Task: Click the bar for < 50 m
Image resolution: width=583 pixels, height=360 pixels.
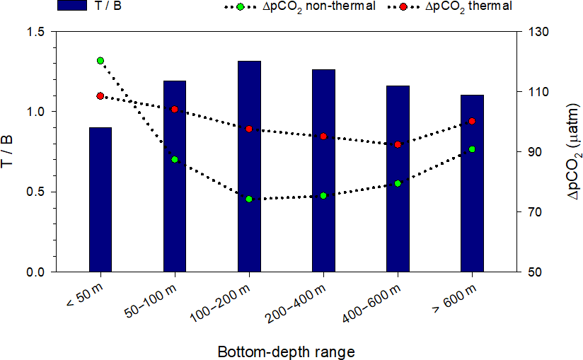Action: [100, 199]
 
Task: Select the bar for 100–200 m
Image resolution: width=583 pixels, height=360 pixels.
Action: [249, 166]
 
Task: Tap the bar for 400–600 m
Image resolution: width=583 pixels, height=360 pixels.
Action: [398, 178]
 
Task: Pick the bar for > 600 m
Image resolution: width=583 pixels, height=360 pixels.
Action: [472, 183]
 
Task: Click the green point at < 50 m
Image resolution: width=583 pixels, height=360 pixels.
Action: [100, 61]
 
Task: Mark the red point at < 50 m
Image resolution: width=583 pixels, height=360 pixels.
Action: [100, 96]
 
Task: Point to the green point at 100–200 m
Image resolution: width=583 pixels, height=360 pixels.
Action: [249, 199]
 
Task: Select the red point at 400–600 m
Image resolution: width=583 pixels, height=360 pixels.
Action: [398, 144]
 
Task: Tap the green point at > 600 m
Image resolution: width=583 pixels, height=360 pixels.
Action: [472, 149]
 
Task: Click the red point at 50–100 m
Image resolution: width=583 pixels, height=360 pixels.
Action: [175, 110]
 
